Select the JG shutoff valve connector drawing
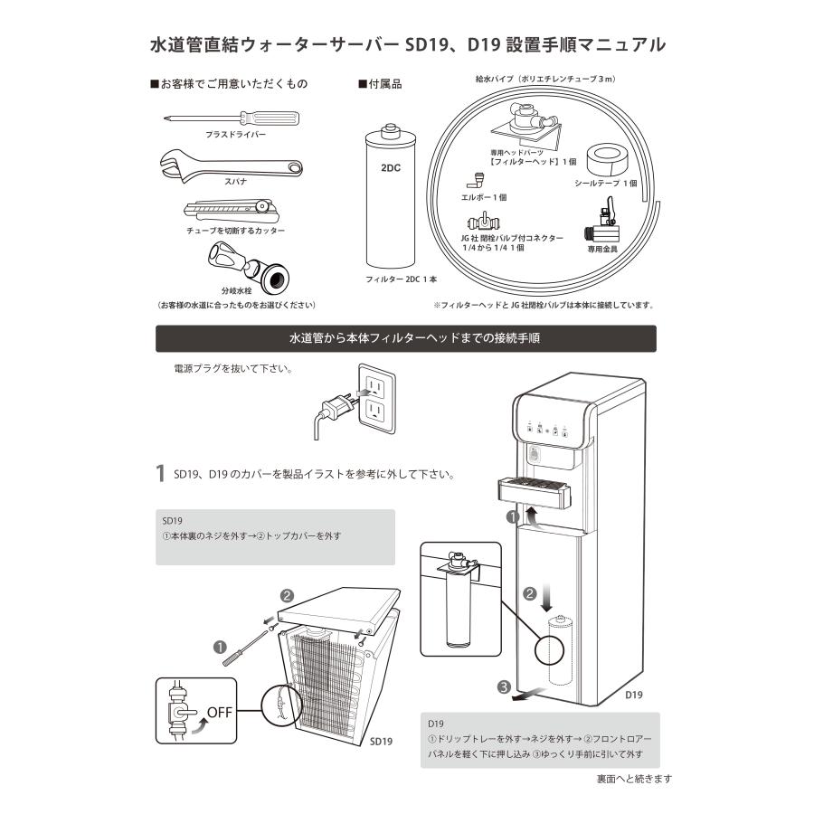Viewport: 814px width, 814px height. (486, 222)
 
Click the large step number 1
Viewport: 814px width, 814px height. (160, 473)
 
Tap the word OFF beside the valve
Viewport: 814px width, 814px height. (219, 711)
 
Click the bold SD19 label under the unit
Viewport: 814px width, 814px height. (381, 741)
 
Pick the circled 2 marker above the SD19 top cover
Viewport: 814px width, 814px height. (287, 595)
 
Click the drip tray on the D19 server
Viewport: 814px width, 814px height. (534, 494)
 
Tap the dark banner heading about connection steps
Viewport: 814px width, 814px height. (406, 339)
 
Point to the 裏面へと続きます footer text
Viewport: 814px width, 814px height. (633, 779)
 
